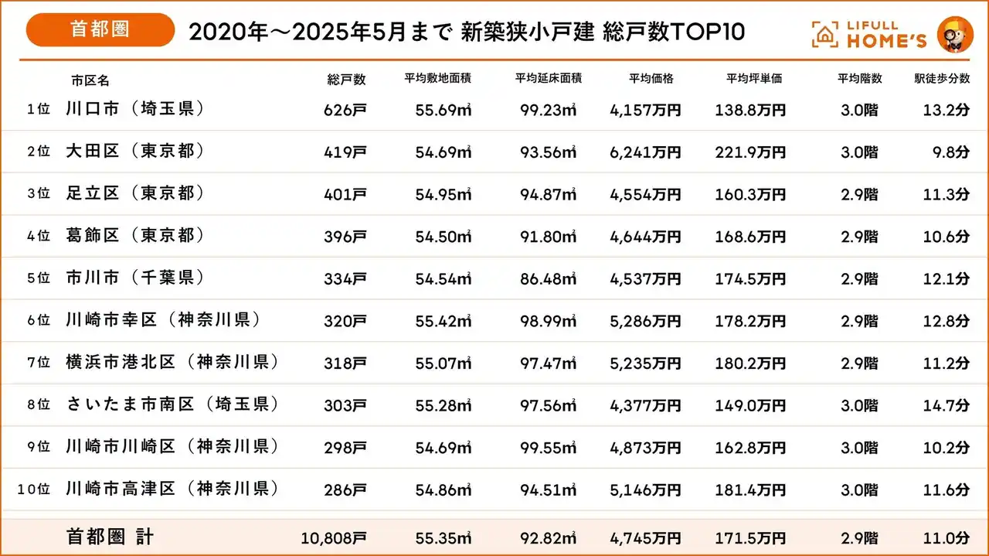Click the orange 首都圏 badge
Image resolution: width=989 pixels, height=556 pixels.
click(x=100, y=30)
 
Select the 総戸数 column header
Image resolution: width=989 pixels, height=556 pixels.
click(x=346, y=79)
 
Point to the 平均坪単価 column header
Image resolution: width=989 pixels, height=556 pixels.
click(x=754, y=79)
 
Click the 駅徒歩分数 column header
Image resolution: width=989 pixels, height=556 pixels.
click(x=942, y=79)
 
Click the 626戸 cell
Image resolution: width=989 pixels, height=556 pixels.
click(x=345, y=111)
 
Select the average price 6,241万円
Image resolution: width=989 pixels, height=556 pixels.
click(x=645, y=152)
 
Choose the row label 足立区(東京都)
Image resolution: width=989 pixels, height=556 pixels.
click(x=135, y=194)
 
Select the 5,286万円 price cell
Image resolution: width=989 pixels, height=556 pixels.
click(x=645, y=321)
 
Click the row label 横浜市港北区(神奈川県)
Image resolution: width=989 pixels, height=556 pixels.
click(x=172, y=362)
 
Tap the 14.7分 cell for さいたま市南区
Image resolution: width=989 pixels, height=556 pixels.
click(x=947, y=405)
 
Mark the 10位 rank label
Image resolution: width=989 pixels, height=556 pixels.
click(x=33, y=489)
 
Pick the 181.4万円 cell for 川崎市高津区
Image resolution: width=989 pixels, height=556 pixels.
click(x=750, y=489)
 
